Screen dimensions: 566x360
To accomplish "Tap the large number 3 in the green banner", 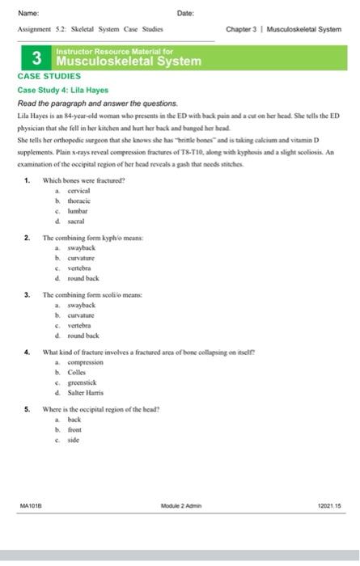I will pos(36,59).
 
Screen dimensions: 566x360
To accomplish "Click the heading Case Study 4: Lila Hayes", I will pos(62,90).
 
